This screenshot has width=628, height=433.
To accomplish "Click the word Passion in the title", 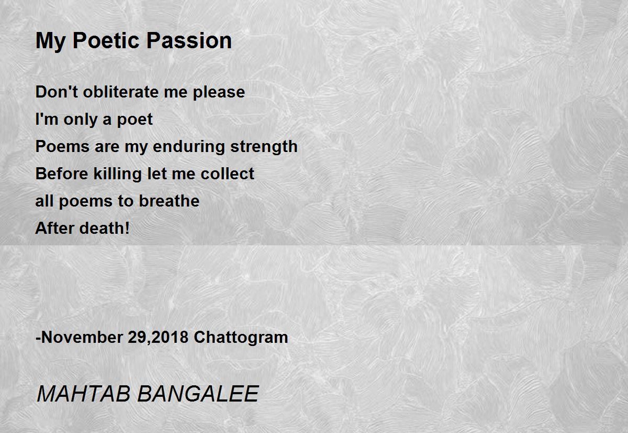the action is point(189,41).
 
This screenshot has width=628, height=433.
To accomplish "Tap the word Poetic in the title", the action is point(106,41).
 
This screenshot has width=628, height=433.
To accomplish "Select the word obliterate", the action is point(121,92).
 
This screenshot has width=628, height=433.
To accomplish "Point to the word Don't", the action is point(57,92).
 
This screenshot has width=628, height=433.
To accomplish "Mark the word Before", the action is point(62,174).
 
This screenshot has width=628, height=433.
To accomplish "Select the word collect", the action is point(227,174).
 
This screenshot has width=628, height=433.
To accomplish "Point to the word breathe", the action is point(169,201).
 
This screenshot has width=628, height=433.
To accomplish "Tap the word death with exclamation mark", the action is point(105,228).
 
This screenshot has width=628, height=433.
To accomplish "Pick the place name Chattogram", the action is point(241,338).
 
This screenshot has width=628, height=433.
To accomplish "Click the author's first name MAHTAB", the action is point(84,394).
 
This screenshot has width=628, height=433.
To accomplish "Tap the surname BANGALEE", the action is point(198,394).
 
